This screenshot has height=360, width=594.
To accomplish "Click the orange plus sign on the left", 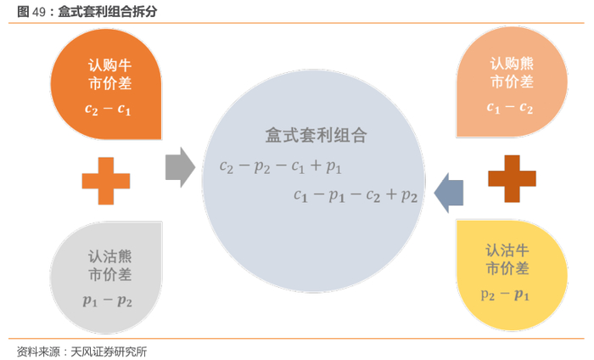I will [106, 180].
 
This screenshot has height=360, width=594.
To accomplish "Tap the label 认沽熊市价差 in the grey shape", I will [109, 264].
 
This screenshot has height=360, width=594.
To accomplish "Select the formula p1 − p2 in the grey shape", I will [107, 300].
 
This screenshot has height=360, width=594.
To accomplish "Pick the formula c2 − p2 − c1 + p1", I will [280, 166].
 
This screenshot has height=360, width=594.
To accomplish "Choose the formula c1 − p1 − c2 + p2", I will [356, 195].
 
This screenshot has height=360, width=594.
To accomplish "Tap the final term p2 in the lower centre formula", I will [409, 196].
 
